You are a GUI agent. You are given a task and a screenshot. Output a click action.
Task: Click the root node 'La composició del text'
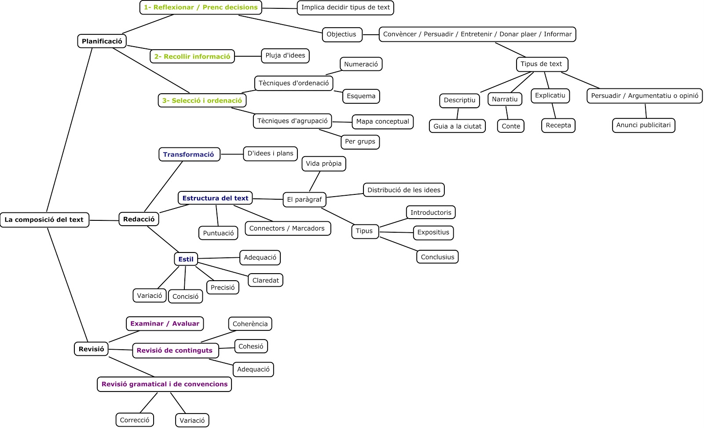point(44,219)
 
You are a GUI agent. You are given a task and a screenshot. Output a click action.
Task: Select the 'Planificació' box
point(102,41)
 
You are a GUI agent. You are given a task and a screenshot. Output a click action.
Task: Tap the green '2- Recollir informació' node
point(192,56)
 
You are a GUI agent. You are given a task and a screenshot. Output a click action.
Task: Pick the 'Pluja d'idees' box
point(285,55)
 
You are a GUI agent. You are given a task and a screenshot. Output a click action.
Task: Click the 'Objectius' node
point(341,34)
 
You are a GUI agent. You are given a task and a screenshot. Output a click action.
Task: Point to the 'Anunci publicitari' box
point(643,125)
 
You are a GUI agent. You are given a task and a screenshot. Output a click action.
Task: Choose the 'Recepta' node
point(558,125)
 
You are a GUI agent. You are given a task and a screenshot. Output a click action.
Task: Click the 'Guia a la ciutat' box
point(457,126)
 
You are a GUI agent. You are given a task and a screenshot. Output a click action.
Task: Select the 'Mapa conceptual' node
point(382,121)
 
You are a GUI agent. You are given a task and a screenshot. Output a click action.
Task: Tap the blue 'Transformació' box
point(189,154)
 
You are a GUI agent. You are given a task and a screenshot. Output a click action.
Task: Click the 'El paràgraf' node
point(304,199)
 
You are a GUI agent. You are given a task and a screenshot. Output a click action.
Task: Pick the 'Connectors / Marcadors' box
point(287,228)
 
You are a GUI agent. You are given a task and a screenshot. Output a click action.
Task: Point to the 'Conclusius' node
point(437,257)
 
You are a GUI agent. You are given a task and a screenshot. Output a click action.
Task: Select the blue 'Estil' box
point(186,259)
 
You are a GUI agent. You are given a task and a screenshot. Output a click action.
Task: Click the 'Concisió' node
point(185,296)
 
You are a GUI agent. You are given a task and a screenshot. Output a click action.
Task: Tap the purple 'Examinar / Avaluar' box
point(165,324)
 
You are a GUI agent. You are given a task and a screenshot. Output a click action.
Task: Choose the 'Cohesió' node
point(251,347)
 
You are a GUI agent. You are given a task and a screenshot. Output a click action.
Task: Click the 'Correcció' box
point(135,420)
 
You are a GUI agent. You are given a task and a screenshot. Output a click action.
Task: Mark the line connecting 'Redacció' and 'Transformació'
point(163,187)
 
